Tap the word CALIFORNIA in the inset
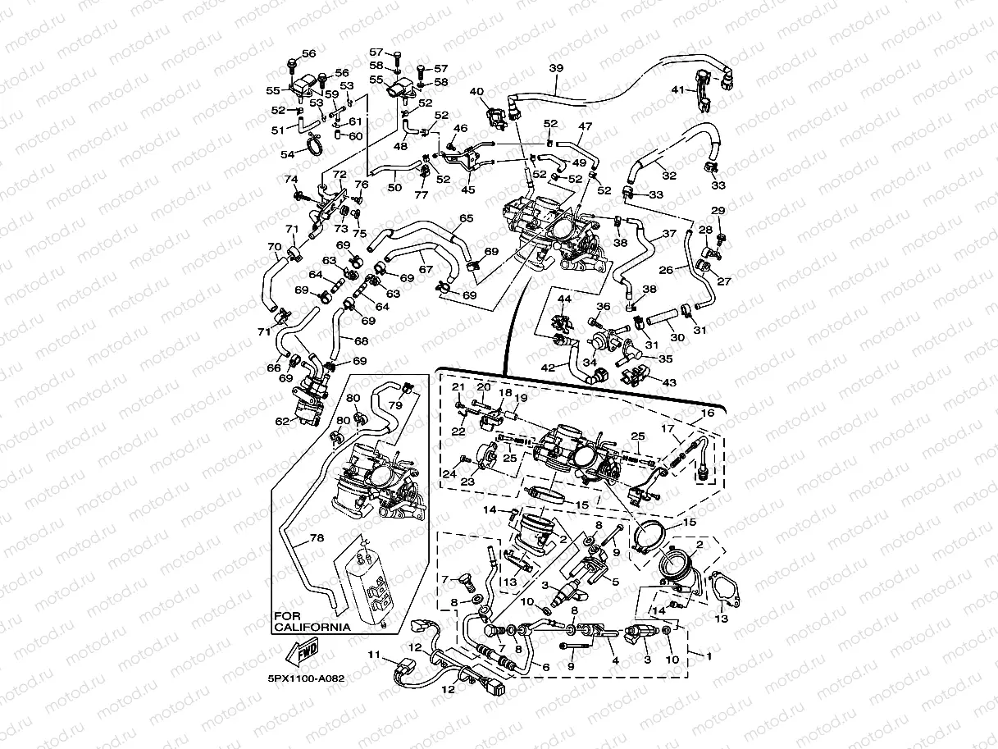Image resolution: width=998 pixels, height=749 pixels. pyautogui.click(x=312, y=627)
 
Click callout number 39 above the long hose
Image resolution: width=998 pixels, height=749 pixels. pyautogui.click(x=556, y=68)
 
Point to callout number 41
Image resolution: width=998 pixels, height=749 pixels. pyautogui.click(x=677, y=89)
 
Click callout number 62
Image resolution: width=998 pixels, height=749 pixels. pyautogui.click(x=281, y=421)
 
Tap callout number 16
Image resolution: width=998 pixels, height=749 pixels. pyautogui.click(x=707, y=414)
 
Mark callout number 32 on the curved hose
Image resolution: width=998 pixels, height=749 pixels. pyautogui.click(x=668, y=175)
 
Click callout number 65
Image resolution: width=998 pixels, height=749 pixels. pyautogui.click(x=466, y=218)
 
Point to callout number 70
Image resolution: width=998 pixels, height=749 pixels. pyautogui.click(x=275, y=246)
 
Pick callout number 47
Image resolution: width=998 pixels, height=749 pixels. pyautogui.click(x=585, y=126)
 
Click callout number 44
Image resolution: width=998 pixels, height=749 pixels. pyautogui.click(x=564, y=300)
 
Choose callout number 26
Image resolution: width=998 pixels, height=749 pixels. pyautogui.click(x=666, y=269)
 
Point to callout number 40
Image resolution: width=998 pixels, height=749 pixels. pyautogui.click(x=476, y=92)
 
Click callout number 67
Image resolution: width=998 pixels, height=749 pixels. pyautogui.click(x=425, y=269)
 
